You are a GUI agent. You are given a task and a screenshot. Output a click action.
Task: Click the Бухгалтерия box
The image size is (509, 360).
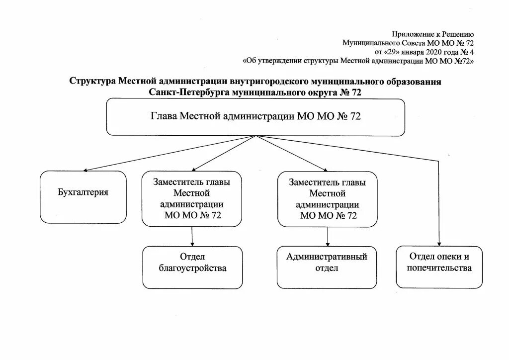(x=83, y=197)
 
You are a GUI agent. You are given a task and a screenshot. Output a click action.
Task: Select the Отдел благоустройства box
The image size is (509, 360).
(x=192, y=267)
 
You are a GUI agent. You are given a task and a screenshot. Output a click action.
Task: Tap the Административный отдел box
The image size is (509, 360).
(x=327, y=267)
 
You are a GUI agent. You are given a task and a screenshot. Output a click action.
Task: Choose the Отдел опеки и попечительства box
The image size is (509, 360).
(x=439, y=267)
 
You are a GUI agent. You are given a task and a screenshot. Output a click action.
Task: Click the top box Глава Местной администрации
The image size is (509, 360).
(x=255, y=117)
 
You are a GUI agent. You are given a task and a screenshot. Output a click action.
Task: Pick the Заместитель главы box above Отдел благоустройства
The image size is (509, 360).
(x=192, y=198)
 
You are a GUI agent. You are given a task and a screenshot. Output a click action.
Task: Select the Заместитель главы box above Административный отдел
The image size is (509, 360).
(x=327, y=198)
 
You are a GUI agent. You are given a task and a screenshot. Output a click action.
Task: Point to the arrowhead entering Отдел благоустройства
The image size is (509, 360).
(x=192, y=243)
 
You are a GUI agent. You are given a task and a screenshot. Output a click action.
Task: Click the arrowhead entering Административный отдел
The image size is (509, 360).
(x=327, y=243)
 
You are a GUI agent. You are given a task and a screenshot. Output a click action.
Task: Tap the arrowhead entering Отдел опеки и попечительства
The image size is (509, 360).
(x=439, y=243)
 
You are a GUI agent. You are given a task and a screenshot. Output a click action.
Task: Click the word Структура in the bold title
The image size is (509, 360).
(x=92, y=82)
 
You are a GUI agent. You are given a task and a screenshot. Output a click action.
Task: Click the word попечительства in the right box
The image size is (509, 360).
(x=439, y=269)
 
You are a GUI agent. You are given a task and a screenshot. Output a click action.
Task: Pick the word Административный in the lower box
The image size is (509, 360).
(x=327, y=257)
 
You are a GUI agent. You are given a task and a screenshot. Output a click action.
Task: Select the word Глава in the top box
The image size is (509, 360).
(x=164, y=117)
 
